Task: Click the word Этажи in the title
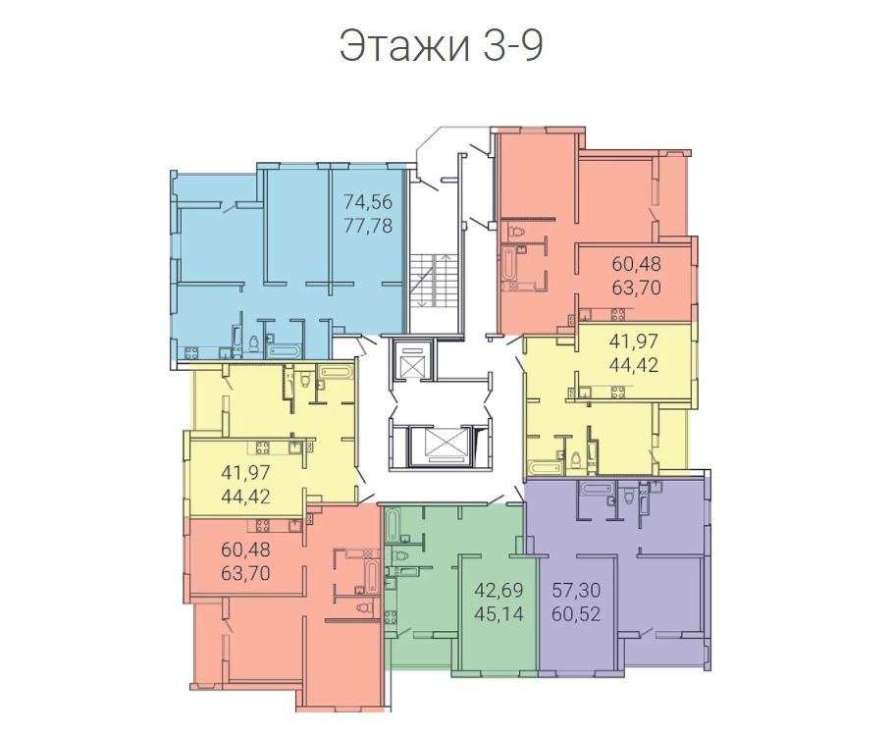[404, 47]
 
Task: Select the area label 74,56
[367, 202]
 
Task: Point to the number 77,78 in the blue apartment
[367, 226]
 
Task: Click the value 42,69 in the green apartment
[498, 591]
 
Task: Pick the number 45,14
[498, 614]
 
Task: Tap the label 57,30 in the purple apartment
[576, 591]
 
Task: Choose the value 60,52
[576, 614]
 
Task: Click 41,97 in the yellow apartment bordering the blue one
[244, 473]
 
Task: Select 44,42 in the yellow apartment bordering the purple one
[634, 364]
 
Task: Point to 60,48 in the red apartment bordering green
[245, 550]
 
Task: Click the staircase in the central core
[434, 281]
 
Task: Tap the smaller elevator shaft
[412, 359]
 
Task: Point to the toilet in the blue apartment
[254, 343]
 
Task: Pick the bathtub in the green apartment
[392, 525]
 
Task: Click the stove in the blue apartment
[190, 352]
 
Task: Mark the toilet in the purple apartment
[629, 496]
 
